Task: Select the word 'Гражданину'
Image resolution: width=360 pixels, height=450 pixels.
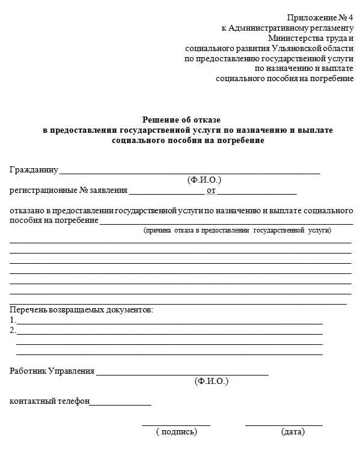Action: click(x=34, y=170)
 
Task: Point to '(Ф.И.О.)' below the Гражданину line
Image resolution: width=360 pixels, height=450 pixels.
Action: click(x=204, y=180)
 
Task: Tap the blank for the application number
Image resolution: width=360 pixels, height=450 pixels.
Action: click(x=166, y=192)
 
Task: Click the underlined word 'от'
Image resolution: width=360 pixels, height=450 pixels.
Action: click(x=211, y=191)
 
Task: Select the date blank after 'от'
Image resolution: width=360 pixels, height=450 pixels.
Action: click(x=257, y=192)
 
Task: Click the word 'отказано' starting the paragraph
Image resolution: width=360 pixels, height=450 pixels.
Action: click(x=26, y=211)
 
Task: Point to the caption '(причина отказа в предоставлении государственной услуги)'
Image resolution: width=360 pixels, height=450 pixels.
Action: click(x=237, y=230)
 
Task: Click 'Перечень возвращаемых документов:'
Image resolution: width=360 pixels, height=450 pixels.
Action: click(x=81, y=310)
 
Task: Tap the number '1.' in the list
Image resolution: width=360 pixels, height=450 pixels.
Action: click(x=13, y=320)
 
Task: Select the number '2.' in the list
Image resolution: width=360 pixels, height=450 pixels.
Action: click(x=13, y=330)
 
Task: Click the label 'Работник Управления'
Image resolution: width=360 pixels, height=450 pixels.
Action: click(x=52, y=371)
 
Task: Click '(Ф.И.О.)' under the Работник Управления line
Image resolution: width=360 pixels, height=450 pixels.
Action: click(x=212, y=381)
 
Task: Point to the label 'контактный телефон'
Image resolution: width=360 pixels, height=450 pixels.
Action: click(x=49, y=401)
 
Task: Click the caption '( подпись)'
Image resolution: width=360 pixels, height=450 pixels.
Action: click(x=176, y=431)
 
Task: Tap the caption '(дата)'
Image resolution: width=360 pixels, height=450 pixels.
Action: click(x=293, y=431)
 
